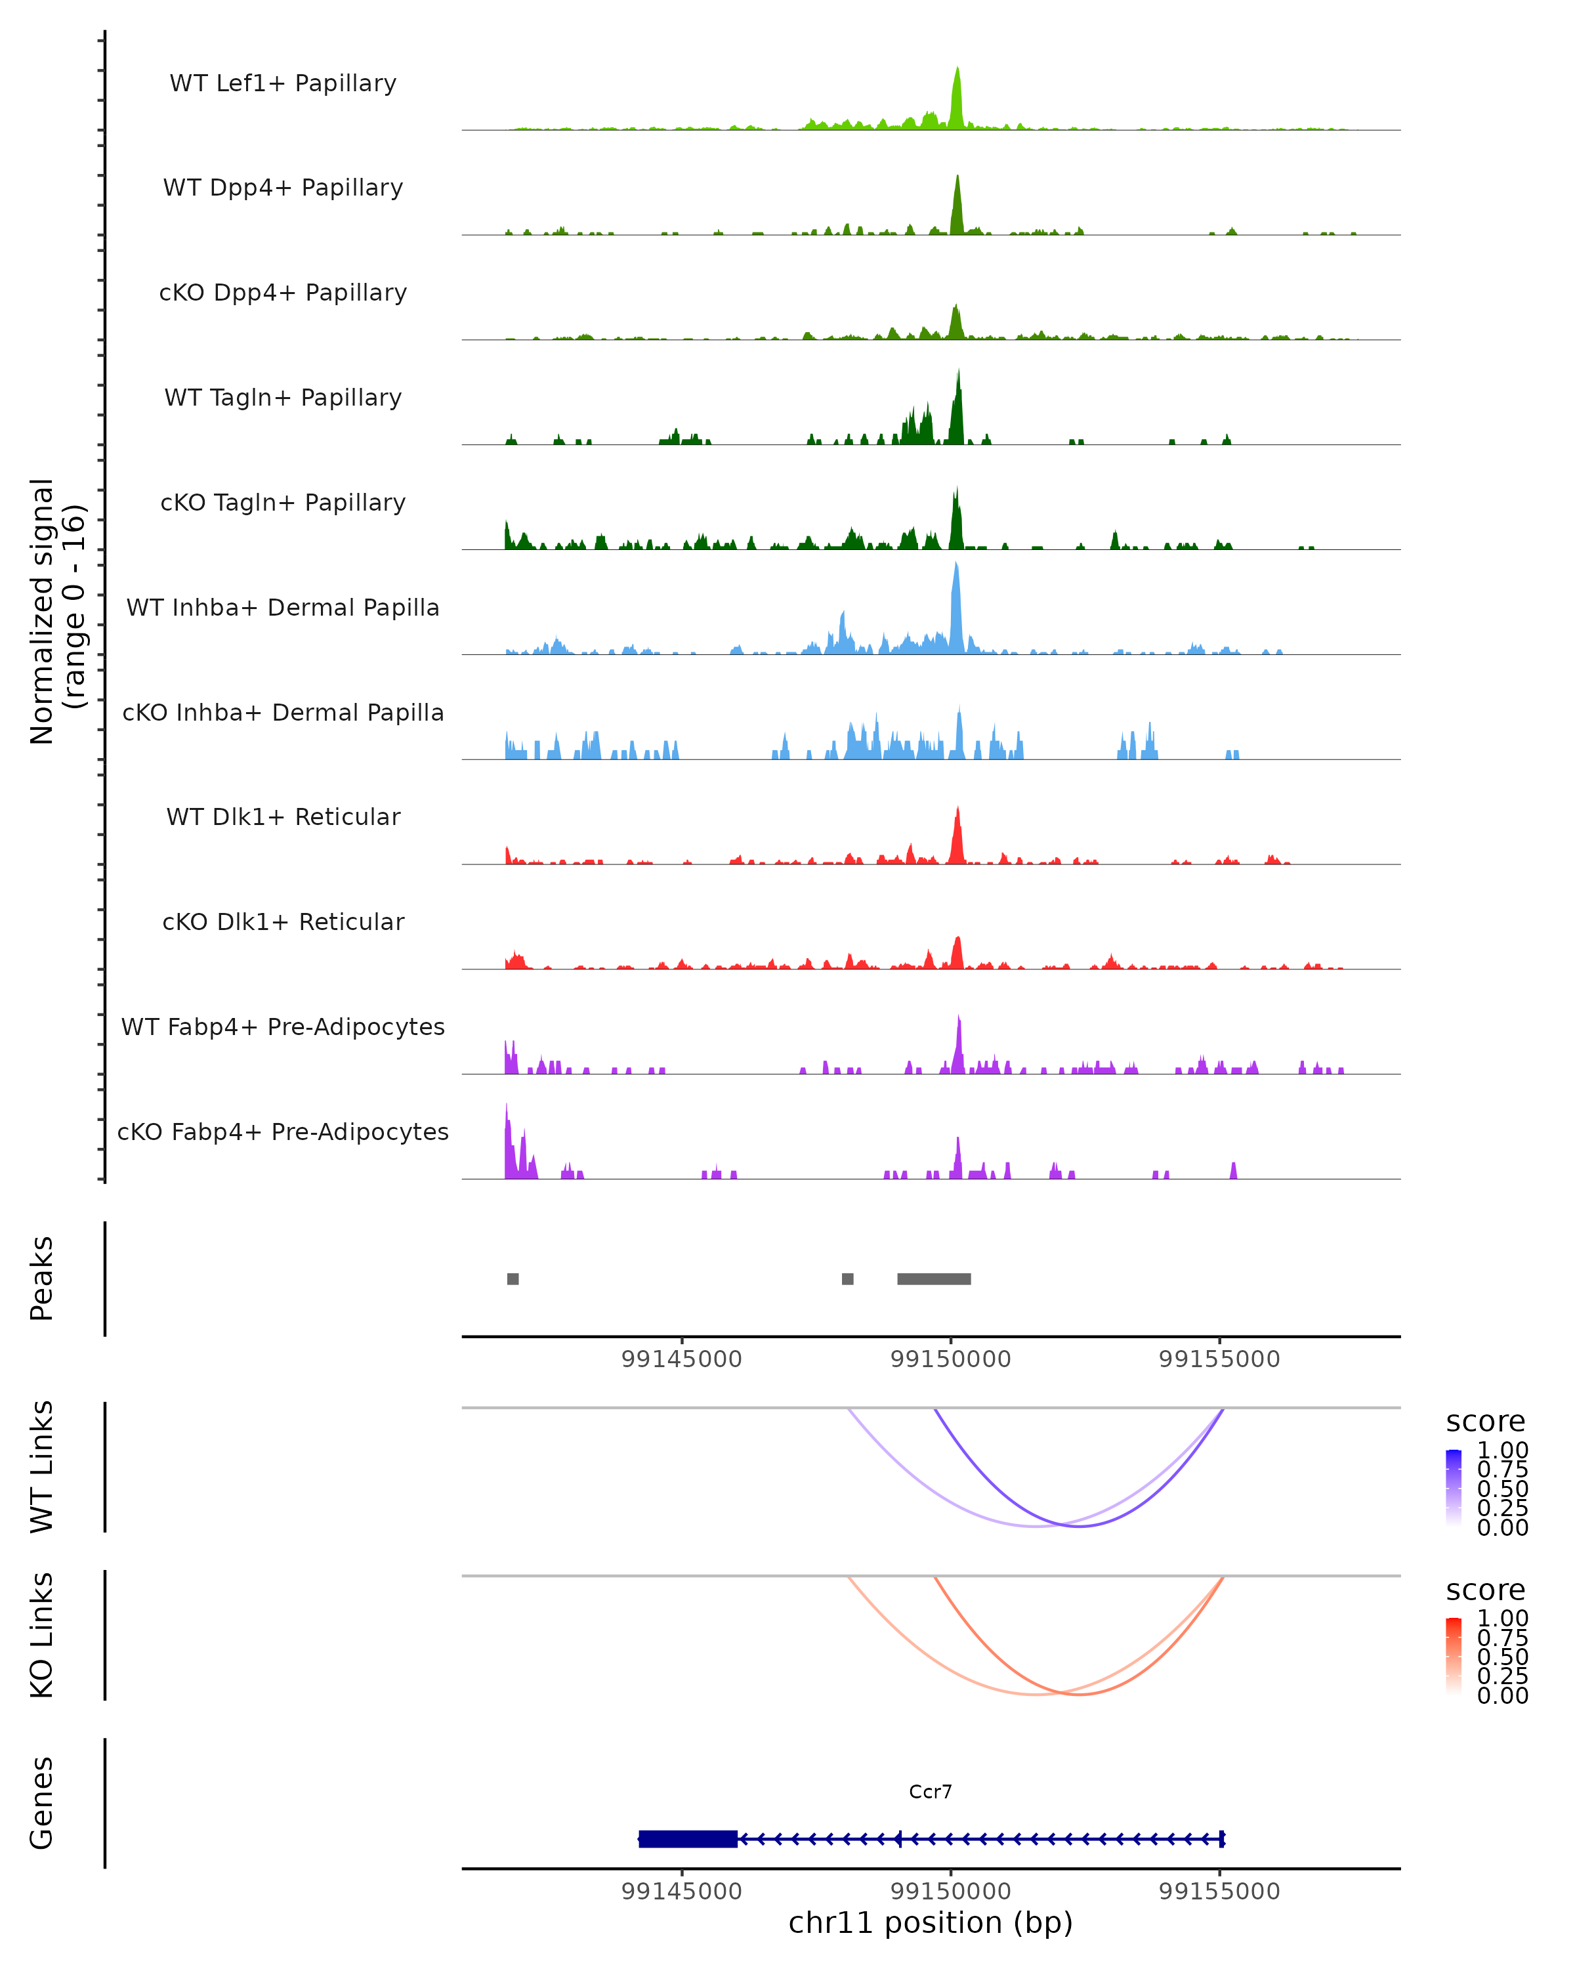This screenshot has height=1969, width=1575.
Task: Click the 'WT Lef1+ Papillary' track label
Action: coord(283,83)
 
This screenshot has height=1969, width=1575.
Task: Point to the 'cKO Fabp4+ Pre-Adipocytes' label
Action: coord(283,1132)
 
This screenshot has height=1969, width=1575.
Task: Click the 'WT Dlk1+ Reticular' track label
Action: coord(283,816)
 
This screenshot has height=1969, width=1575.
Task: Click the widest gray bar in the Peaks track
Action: coord(934,1279)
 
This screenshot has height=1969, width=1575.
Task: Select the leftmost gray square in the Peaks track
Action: coord(513,1279)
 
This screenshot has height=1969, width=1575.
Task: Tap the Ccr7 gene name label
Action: coord(931,1792)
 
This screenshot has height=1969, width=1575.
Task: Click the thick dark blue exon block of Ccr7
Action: coord(688,1838)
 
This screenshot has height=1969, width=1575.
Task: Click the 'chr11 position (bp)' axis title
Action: coord(931,1922)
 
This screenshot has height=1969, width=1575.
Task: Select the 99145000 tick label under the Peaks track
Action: coord(681,1359)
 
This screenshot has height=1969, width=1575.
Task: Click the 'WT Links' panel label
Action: coord(42,1466)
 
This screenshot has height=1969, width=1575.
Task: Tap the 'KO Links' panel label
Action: coord(42,1635)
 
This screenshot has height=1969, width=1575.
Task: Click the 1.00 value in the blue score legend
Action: coord(1503,1450)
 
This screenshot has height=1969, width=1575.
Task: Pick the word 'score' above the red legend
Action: coord(1486,1590)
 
